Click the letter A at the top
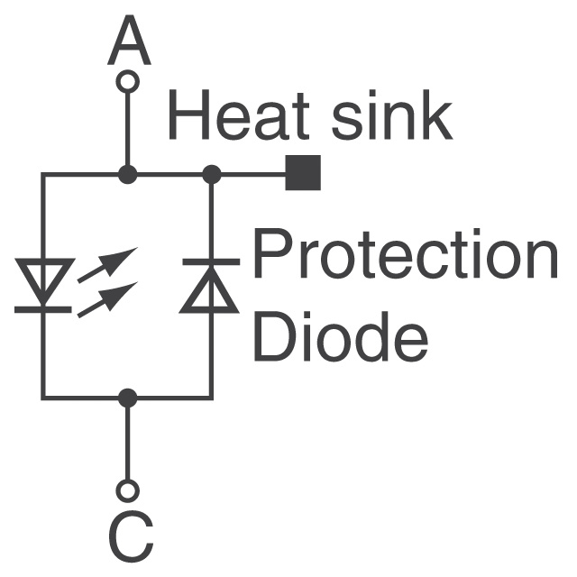[128, 42]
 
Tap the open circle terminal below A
[128, 82]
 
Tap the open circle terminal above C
[128, 490]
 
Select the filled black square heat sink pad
[303, 173]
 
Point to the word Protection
[404, 256]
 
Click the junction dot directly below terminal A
[128, 174]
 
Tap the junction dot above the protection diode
[212, 174]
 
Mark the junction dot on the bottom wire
[128, 397]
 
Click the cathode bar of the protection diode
[211, 261]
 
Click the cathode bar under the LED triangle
[42, 310]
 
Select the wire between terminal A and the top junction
[128, 131]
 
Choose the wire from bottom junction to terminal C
[128, 442]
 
